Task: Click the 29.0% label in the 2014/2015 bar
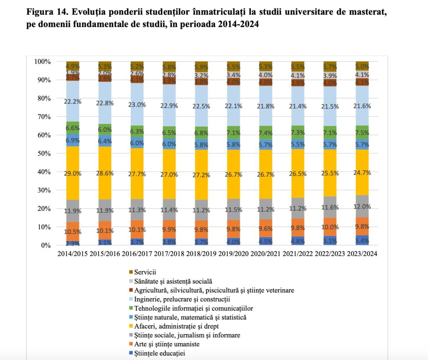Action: [x=73, y=172]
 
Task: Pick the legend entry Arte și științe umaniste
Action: [x=167, y=344]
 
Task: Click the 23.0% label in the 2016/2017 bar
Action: [x=137, y=105]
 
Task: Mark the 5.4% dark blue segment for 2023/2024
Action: [x=362, y=240]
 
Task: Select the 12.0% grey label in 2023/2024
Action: [x=362, y=206]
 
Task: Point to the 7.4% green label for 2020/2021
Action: [x=266, y=133]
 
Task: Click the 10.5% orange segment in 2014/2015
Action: [x=73, y=232]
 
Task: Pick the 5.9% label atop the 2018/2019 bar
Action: [x=201, y=66]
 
